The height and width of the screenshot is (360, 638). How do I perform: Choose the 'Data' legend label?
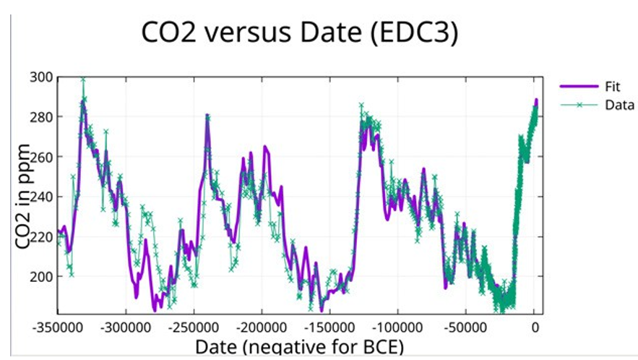[x=619, y=105]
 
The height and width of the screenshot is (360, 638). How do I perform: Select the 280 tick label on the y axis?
[x=43, y=117]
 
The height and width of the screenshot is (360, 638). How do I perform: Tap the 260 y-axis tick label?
[x=43, y=157]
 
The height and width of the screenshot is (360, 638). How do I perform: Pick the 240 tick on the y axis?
[x=43, y=197]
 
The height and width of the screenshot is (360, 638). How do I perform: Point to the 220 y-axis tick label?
[x=43, y=236]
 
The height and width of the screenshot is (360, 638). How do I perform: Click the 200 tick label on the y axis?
[x=43, y=276]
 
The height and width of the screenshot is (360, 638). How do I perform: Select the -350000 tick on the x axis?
[x=59, y=327]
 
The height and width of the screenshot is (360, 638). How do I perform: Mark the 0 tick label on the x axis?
[x=535, y=327]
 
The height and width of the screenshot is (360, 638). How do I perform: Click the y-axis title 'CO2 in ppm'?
[x=25, y=197]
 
